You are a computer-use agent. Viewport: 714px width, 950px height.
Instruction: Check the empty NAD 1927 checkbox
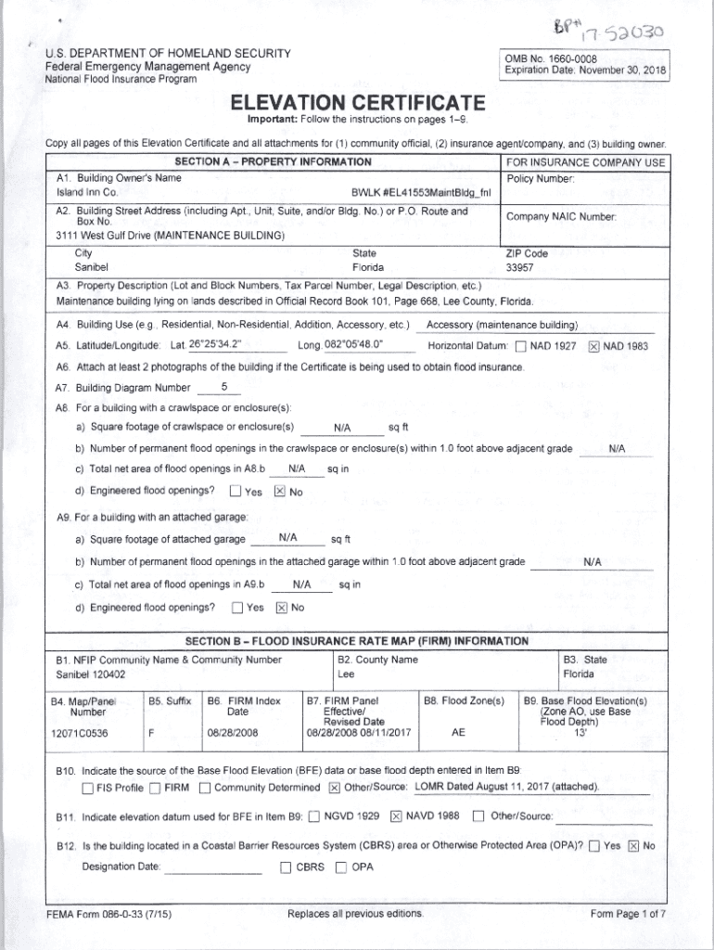click(x=520, y=347)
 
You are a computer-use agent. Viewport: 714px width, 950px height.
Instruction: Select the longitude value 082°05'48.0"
click(x=355, y=345)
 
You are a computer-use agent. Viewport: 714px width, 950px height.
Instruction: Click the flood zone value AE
click(x=458, y=732)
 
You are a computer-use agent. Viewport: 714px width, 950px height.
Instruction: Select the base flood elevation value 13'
click(x=580, y=732)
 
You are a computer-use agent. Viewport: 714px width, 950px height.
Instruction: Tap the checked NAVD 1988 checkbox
click(x=396, y=816)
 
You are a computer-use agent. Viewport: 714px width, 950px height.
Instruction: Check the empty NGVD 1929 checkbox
click(x=314, y=816)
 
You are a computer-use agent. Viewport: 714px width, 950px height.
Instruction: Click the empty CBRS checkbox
click(x=286, y=868)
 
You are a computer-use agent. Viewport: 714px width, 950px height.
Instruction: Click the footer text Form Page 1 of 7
click(x=628, y=914)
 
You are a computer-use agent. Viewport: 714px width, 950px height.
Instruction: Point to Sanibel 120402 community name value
click(x=91, y=674)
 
